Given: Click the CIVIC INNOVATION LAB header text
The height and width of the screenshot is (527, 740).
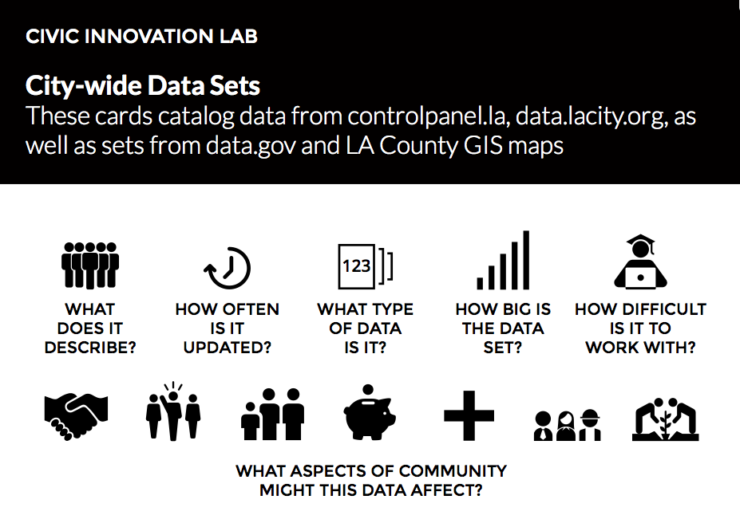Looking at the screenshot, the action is click(141, 37).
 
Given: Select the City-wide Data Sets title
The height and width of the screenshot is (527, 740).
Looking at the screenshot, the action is click(143, 85).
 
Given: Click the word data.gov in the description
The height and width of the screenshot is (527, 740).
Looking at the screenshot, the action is click(251, 146).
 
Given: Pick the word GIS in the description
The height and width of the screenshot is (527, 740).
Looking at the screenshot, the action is click(482, 146).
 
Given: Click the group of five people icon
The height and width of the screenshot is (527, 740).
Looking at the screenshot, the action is click(90, 265).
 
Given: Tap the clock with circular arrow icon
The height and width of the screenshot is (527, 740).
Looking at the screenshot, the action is click(228, 268).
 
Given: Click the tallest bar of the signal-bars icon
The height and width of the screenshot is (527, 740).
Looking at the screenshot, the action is click(526, 260).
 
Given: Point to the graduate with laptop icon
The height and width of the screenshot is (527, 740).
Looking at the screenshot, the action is click(640, 262).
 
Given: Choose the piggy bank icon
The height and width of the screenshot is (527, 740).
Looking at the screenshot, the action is click(369, 413).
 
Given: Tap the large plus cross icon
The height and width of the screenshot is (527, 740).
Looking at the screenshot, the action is click(469, 415).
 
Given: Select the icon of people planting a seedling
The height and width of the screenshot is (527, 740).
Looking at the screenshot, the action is click(666, 419).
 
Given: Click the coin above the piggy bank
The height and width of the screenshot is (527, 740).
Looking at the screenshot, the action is click(368, 391).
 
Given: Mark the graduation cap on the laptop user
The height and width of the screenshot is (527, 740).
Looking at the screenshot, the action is click(640, 241).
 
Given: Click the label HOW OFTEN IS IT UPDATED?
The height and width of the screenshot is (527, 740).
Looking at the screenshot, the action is click(228, 328).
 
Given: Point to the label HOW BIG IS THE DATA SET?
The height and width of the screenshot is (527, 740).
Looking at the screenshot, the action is click(503, 328).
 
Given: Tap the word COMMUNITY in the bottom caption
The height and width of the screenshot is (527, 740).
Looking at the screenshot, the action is click(453, 471).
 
